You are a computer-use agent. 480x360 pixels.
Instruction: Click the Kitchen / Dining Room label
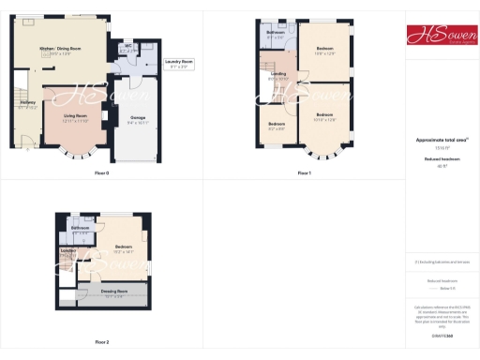[x=53, y=51]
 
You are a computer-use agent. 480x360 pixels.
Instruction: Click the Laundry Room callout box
[x=179, y=65]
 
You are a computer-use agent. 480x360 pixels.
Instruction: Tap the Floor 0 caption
[x=101, y=173]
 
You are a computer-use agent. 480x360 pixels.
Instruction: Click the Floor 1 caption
[x=304, y=173]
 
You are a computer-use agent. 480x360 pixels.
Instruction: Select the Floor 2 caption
[x=101, y=342]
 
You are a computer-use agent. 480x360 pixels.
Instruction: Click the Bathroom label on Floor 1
[x=275, y=35]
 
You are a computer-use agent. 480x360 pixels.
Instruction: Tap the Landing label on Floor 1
[x=277, y=76]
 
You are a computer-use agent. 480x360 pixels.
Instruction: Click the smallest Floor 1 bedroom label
[x=276, y=126]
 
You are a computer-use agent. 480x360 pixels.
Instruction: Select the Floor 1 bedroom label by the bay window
[x=324, y=116]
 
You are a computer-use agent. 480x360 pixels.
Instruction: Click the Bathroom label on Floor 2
[x=81, y=230]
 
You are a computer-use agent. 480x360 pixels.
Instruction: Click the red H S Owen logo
[x=442, y=37]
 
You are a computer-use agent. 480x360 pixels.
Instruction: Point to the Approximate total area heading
[x=441, y=140]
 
